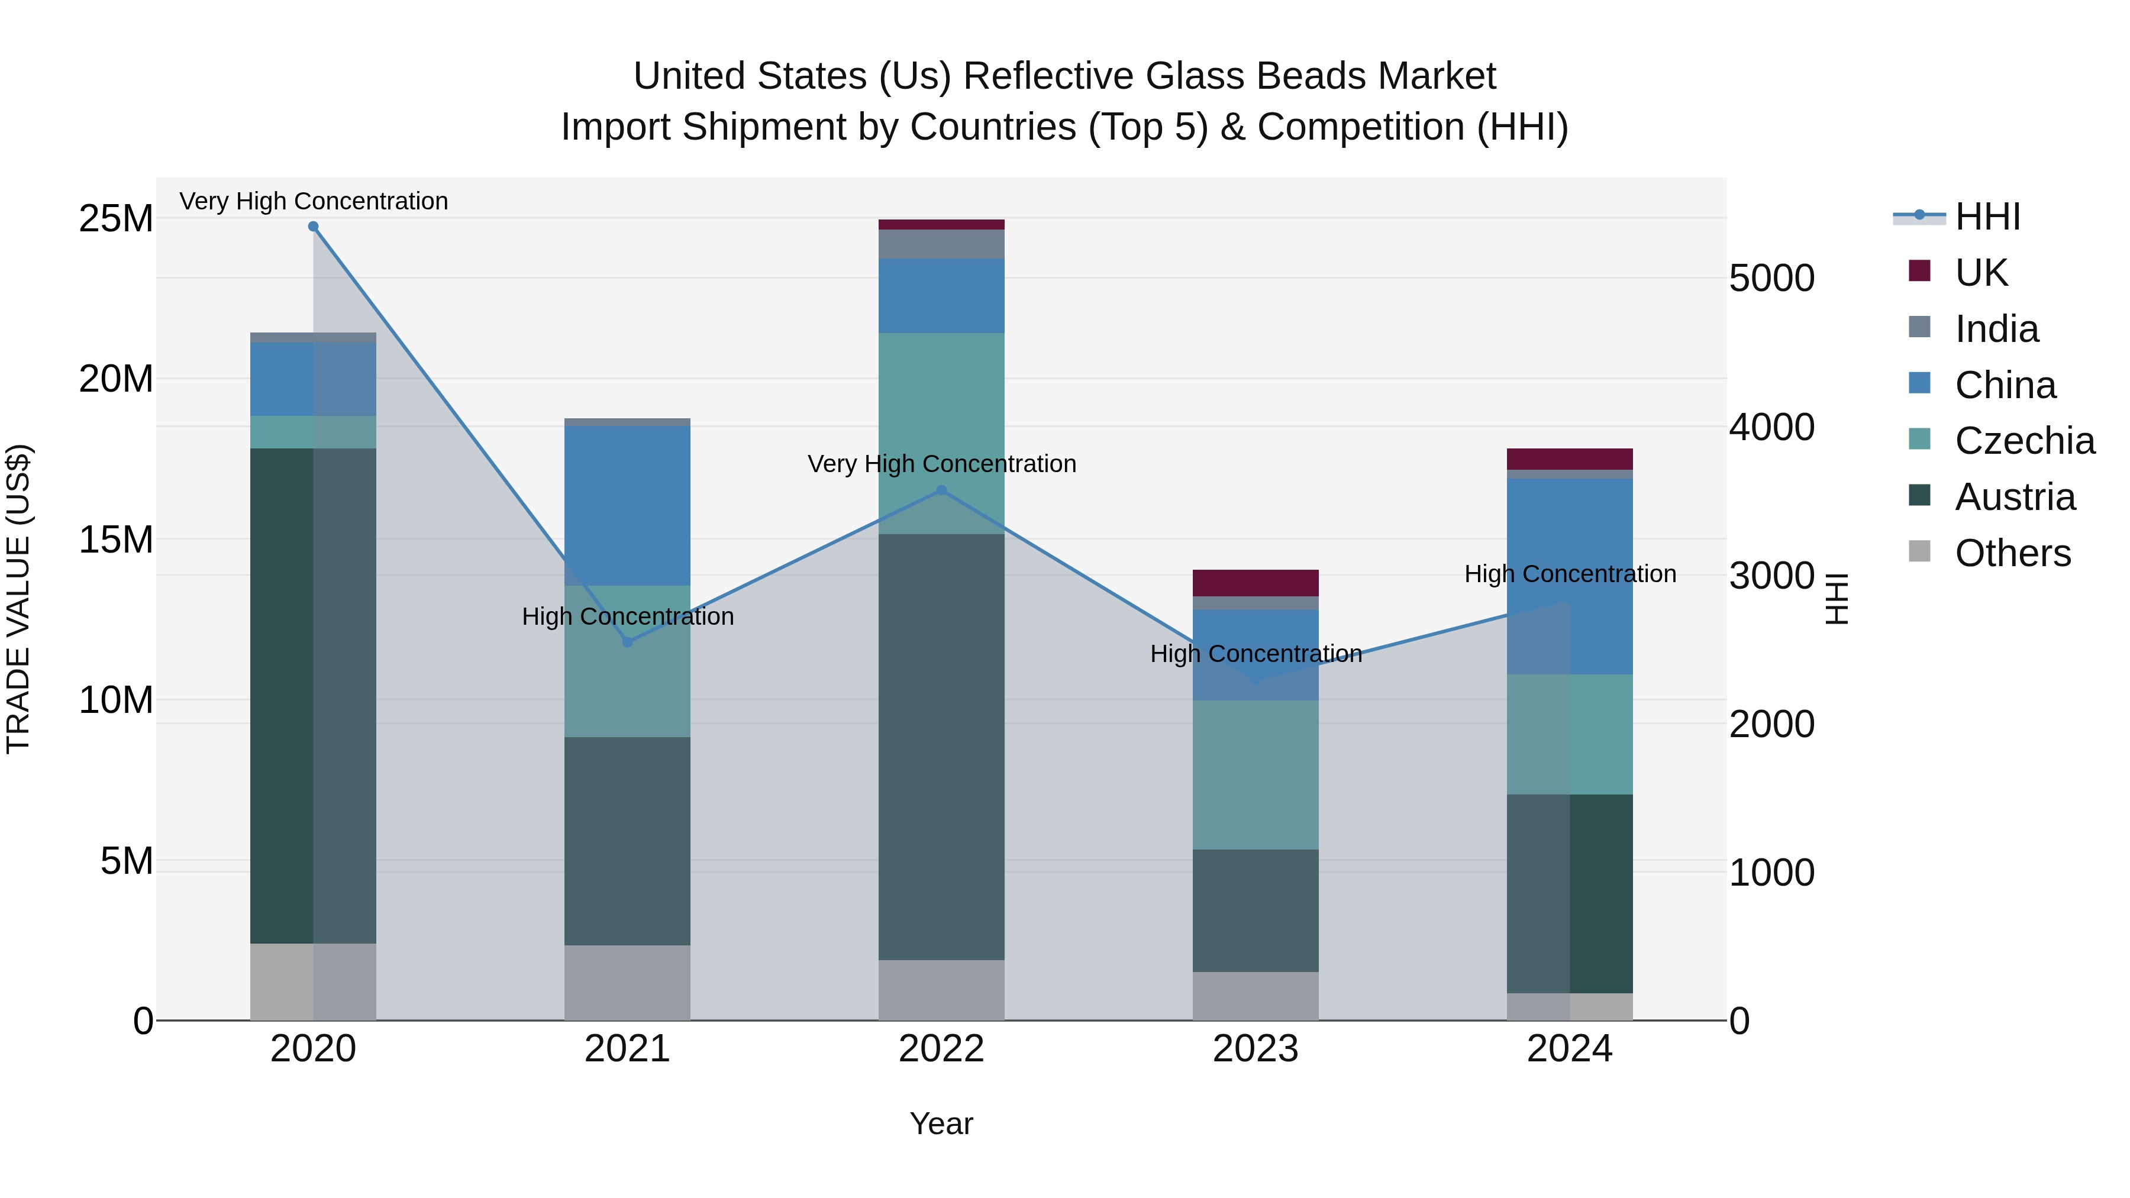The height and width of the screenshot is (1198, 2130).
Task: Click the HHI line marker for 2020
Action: tap(314, 227)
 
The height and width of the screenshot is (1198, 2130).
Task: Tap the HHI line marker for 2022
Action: tap(941, 490)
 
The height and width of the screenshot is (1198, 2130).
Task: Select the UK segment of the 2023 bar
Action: tap(1255, 583)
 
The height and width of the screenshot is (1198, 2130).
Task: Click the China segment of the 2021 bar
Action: tap(627, 506)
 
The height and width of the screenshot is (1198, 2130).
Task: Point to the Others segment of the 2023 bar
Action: tap(1255, 996)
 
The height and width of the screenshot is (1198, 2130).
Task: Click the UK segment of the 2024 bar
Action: tap(1569, 459)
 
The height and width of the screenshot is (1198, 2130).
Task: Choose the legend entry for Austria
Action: tap(2014, 497)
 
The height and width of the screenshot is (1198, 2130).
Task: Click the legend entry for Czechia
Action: tap(2024, 441)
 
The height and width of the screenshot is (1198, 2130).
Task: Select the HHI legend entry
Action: tap(1987, 217)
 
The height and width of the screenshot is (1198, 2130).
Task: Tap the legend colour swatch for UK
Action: tap(1919, 271)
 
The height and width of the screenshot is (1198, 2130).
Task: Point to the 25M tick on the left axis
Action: tap(116, 219)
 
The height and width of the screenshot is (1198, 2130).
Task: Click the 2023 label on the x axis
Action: tap(1255, 1049)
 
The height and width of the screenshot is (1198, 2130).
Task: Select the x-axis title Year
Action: tap(941, 1123)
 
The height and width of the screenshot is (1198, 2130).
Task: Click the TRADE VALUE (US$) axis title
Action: tap(18, 599)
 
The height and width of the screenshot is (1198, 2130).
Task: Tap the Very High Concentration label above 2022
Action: tap(941, 464)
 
